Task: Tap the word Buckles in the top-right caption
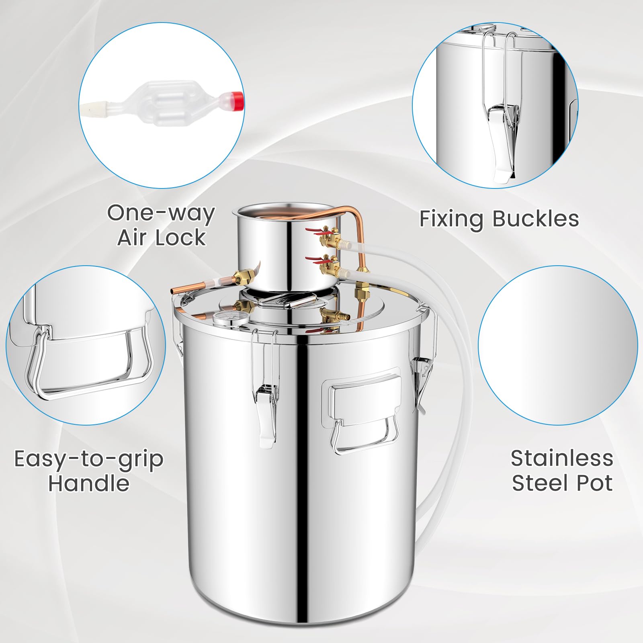click(x=536, y=219)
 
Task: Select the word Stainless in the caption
click(x=562, y=458)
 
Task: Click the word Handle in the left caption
click(x=89, y=483)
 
